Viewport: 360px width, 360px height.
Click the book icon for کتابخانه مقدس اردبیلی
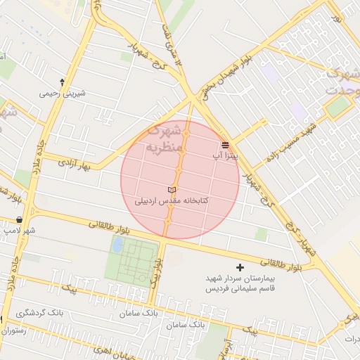coord(172,190)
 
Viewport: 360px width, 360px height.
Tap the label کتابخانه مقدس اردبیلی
coord(172,201)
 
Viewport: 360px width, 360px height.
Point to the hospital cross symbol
coord(240,267)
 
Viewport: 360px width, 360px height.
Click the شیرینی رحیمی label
coord(63,92)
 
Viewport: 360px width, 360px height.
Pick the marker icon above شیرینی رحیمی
coord(63,82)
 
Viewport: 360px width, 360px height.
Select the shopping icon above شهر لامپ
coord(18,220)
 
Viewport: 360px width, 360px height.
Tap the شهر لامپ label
coord(19,230)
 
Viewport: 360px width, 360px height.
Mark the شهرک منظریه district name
coord(164,139)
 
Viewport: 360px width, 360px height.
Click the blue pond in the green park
coord(117,244)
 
